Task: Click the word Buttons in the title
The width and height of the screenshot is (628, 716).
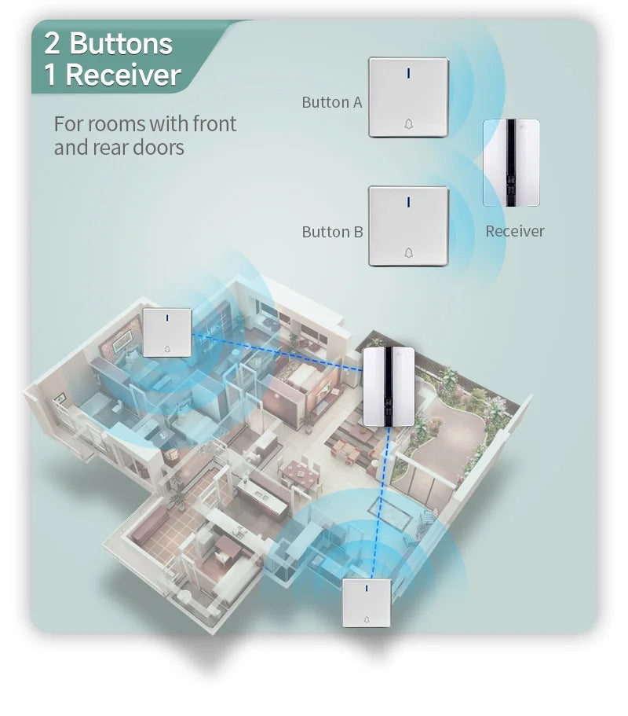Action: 121,43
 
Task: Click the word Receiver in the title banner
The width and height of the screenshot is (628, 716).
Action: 123,75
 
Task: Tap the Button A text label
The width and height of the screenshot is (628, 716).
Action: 332,102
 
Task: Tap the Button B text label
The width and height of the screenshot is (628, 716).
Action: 333,232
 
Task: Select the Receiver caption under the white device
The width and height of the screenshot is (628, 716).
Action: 515,231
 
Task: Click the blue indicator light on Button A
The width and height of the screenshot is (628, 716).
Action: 408,72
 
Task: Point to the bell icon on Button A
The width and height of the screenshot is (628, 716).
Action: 409,123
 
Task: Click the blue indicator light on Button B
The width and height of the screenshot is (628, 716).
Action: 408,202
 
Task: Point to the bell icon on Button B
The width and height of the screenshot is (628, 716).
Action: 409,252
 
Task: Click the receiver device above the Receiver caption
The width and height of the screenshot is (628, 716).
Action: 511,163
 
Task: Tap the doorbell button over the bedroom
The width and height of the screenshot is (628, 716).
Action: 167,332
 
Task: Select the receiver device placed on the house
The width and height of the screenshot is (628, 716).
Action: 389,387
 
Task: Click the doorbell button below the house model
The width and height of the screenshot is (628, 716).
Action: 367,603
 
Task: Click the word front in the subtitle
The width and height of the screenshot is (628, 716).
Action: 214,123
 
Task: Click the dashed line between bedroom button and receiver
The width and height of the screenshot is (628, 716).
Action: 277,351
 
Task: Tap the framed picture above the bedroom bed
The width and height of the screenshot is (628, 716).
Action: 122,340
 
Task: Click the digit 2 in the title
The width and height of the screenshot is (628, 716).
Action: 52,43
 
